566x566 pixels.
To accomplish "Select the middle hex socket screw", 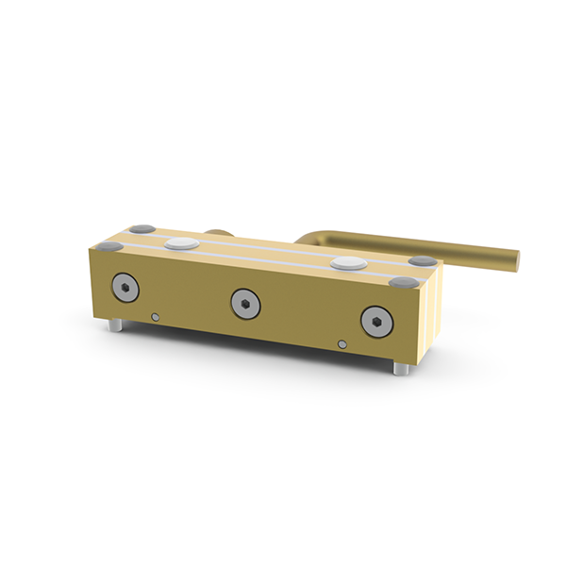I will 244,302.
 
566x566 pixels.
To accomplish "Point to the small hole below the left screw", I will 155,317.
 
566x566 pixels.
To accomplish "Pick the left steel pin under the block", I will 115,325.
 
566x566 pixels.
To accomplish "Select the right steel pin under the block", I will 400,368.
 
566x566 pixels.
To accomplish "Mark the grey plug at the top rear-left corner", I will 142,229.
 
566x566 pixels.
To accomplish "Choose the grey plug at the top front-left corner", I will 110,245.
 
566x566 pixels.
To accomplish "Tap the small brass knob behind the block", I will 216,231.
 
